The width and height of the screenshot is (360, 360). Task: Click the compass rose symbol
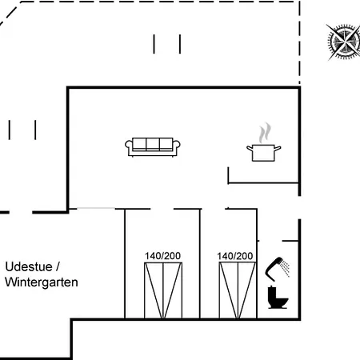point(343,42)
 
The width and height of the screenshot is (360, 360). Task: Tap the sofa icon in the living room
point(153,147)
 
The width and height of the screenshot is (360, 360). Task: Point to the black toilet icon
point(278,298)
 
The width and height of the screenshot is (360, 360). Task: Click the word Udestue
point(29,266)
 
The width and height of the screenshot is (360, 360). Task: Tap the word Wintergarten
point(42,282)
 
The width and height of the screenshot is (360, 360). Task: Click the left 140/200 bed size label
point(162,256)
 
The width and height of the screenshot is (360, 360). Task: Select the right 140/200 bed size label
point(235,256)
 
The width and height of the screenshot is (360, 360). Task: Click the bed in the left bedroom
point(163,290)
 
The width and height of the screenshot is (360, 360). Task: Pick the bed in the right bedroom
point(238,290)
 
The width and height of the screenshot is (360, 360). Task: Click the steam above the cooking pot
point(265,133)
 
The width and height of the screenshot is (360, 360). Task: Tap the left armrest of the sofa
point(129,146)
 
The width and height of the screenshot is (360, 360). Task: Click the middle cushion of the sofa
point(153,144)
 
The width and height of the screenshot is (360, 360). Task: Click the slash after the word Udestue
point(58,266)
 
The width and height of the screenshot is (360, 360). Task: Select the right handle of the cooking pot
point(278,148)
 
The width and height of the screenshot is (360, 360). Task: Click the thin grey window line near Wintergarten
point(96,208)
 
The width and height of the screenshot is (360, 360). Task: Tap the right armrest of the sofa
point(176,146)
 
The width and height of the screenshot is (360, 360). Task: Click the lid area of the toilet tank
point(271,287)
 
